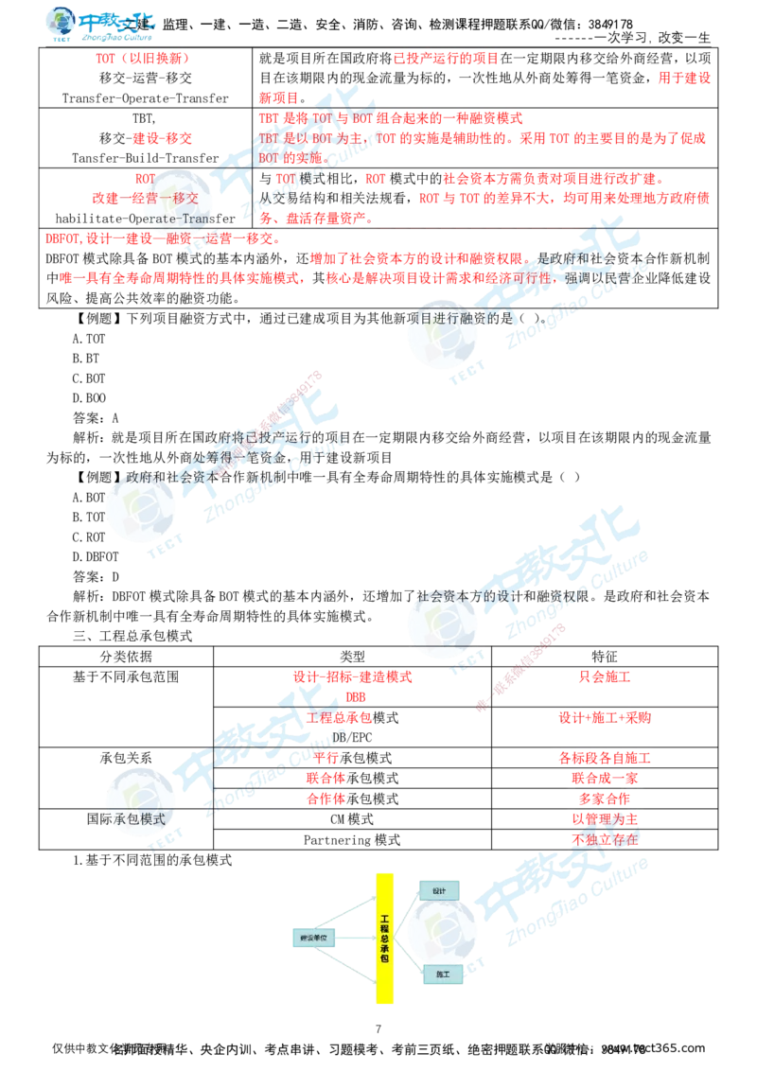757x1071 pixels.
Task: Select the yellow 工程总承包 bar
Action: click(x=384, y=939)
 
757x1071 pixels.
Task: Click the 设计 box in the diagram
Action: click(x=439, y=891)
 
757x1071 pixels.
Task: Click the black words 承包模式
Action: click(x=138, y=818)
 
